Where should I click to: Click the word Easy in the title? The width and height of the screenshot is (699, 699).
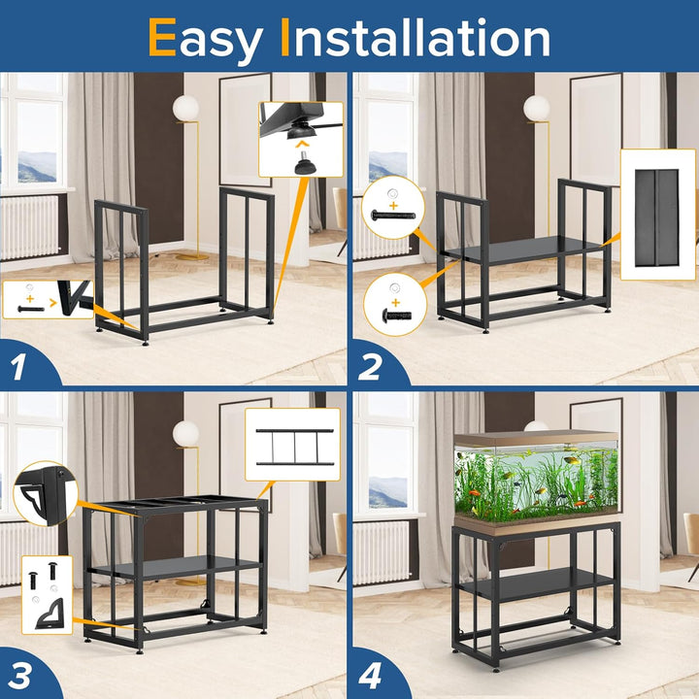[x=206, y=39]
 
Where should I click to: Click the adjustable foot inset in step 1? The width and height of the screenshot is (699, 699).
[x=300, y=140]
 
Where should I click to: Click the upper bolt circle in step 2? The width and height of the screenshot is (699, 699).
[x=394, y=208]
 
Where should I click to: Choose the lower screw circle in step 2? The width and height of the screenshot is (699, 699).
[x=394, y=303]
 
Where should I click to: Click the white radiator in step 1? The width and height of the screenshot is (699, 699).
[x=29, y=228]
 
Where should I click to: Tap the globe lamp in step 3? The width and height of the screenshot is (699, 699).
[x=186, y=433]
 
